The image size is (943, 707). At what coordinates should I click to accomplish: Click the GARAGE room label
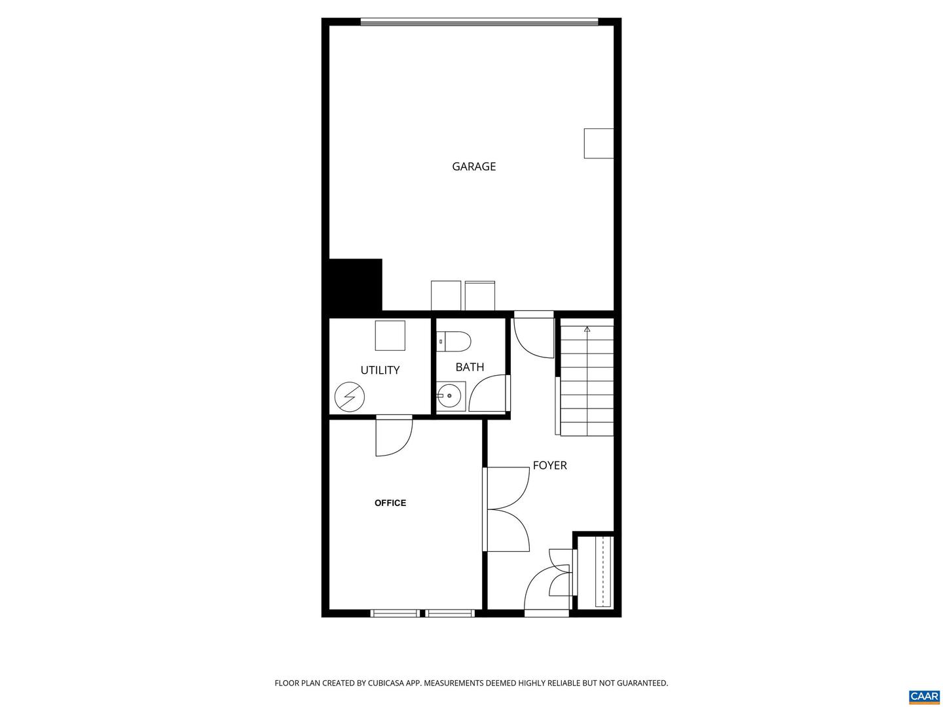coord(473,166)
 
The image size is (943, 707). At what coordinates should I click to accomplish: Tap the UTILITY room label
coord(380,370)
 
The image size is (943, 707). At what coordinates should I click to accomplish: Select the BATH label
coord(470,367)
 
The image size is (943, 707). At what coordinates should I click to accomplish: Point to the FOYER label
coord(549,465)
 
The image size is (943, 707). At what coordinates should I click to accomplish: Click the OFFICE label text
coord(390,503)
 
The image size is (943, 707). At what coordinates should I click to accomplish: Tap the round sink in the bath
coord(449,396)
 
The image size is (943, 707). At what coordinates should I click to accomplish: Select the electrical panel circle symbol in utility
coord(349,397)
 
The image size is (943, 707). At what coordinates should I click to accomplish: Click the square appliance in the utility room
coord(390,335)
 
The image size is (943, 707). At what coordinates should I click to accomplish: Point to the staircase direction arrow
coord(587,329)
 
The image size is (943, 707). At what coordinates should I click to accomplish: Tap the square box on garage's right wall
coord(599,143)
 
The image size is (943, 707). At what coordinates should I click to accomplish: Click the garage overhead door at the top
coord(479,22)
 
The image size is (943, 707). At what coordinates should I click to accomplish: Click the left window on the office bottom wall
coord(395,613)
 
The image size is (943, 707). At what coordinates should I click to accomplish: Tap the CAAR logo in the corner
coord(924,696)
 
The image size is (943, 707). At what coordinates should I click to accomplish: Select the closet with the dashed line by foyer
coord(602,571)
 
